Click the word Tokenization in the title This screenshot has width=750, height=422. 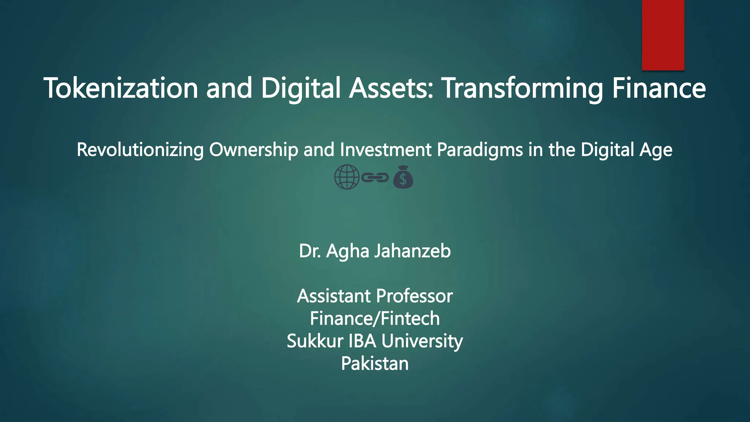[121, 88]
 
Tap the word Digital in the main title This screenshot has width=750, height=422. [300, 88]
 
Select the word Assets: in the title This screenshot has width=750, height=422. [391, 88]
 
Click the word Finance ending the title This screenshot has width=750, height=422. [658, 88]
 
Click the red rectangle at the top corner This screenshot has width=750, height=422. [663, 35]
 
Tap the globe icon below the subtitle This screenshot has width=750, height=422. [346, 177]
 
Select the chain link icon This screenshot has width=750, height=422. [375, 178]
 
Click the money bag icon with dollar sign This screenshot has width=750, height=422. [403, 177]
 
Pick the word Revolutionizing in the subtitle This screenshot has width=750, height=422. [140, 150]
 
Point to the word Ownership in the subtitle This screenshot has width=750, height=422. [253, 150]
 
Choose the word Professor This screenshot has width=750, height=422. [414, 296]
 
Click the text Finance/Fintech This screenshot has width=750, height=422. [375, 318]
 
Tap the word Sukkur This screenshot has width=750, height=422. [315, 341]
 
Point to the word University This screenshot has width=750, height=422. [422, 341]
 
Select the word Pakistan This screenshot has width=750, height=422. [375, 364]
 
